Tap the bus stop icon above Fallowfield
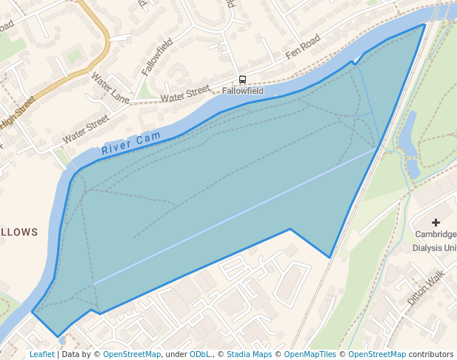tap(242, 80)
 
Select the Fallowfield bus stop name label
tap(242, 91)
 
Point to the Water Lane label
tap(110, 87)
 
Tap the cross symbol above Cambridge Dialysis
tap(436, 222)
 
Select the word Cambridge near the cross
tap(436, 236)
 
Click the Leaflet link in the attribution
tap(41, 355)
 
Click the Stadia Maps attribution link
tap(250, 355)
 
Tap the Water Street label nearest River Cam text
tap(85, 128)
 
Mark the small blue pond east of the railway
tap(408, 133)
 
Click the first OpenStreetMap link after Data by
tap(132, 355)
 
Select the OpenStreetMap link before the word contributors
tap(377, 355)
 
